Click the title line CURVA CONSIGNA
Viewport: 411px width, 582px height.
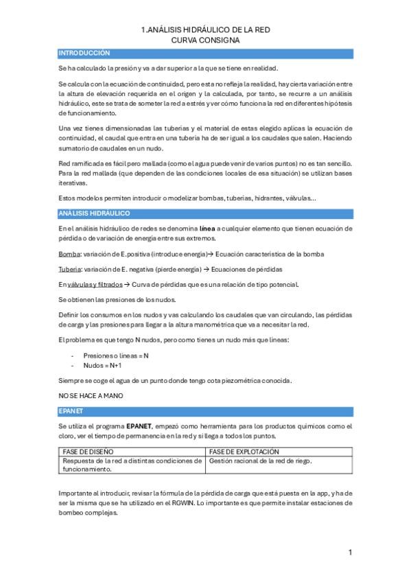(x=205, y=40)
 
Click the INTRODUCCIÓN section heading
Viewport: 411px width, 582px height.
(x=84, y=53)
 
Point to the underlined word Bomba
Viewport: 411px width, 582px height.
(x=69, y=254)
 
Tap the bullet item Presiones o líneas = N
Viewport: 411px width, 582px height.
(x=115, y=356)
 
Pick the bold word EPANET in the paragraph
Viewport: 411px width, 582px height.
(x=143, y=426)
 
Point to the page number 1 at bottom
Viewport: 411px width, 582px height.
(x=350, y=552)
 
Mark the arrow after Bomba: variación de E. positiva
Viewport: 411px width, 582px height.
(x=211, y=254)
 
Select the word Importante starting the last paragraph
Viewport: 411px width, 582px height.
(x=76, y=493)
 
